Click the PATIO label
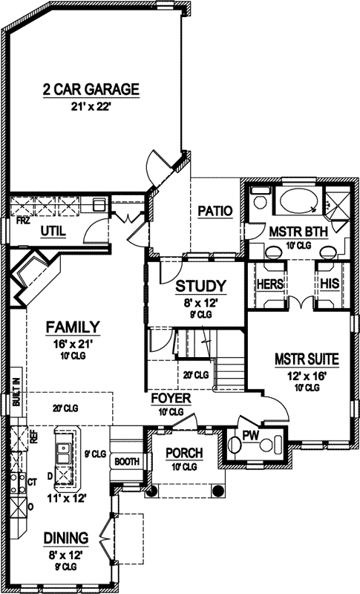216,212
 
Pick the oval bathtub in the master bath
296,201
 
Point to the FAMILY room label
73,326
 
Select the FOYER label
171,399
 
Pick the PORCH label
180,452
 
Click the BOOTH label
127,461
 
